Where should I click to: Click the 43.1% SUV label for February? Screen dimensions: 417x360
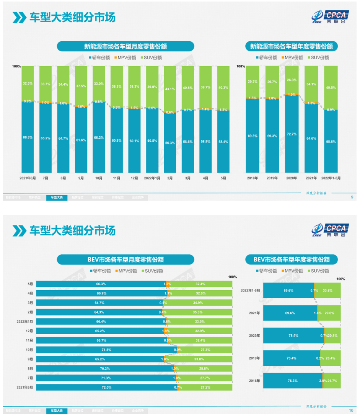coord(170,89)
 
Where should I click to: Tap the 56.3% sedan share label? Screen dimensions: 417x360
coord(170,142)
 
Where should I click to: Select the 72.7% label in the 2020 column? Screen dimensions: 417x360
coord(292,134)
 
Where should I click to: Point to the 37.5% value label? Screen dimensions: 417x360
coord(81,86)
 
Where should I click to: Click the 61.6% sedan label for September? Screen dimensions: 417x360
coord(81,140)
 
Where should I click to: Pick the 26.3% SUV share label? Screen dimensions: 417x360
coord(292,80)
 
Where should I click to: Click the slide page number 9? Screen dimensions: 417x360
coord(352,197)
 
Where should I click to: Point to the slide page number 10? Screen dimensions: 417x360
coord(351,410)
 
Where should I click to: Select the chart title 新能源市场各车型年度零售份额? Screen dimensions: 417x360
coord(291,46)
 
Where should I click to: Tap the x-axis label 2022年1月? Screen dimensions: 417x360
coord(152,178)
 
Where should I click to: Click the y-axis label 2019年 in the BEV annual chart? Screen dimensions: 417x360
coord(254,358)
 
